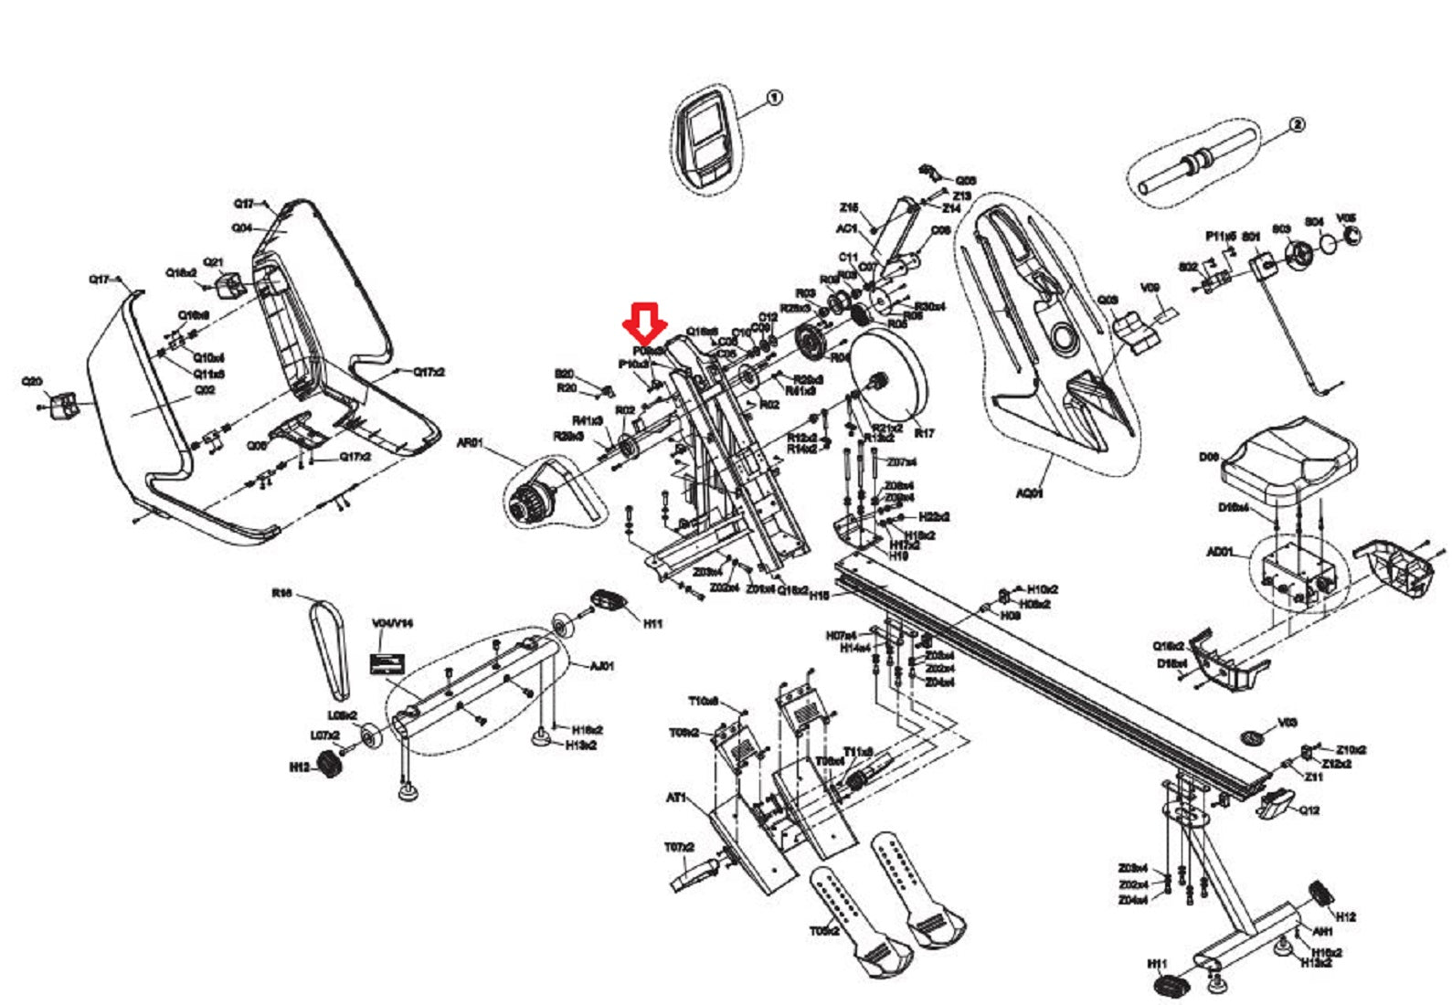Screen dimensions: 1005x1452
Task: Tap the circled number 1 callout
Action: pos(774,97)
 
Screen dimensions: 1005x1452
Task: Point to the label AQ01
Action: pos(1030,493)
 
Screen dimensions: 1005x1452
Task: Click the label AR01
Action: pos(470,443)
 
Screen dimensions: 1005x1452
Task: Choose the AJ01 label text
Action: pos(601,666)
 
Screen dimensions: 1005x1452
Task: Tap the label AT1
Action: pos(676,798)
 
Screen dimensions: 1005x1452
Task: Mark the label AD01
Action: pos(1220,552)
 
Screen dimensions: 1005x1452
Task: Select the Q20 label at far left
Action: pos(32,381)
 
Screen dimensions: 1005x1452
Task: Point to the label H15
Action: pos(819,595)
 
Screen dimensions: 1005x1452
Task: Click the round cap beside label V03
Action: pos(1253,735)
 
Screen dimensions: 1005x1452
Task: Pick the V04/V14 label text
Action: pos(392,623)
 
